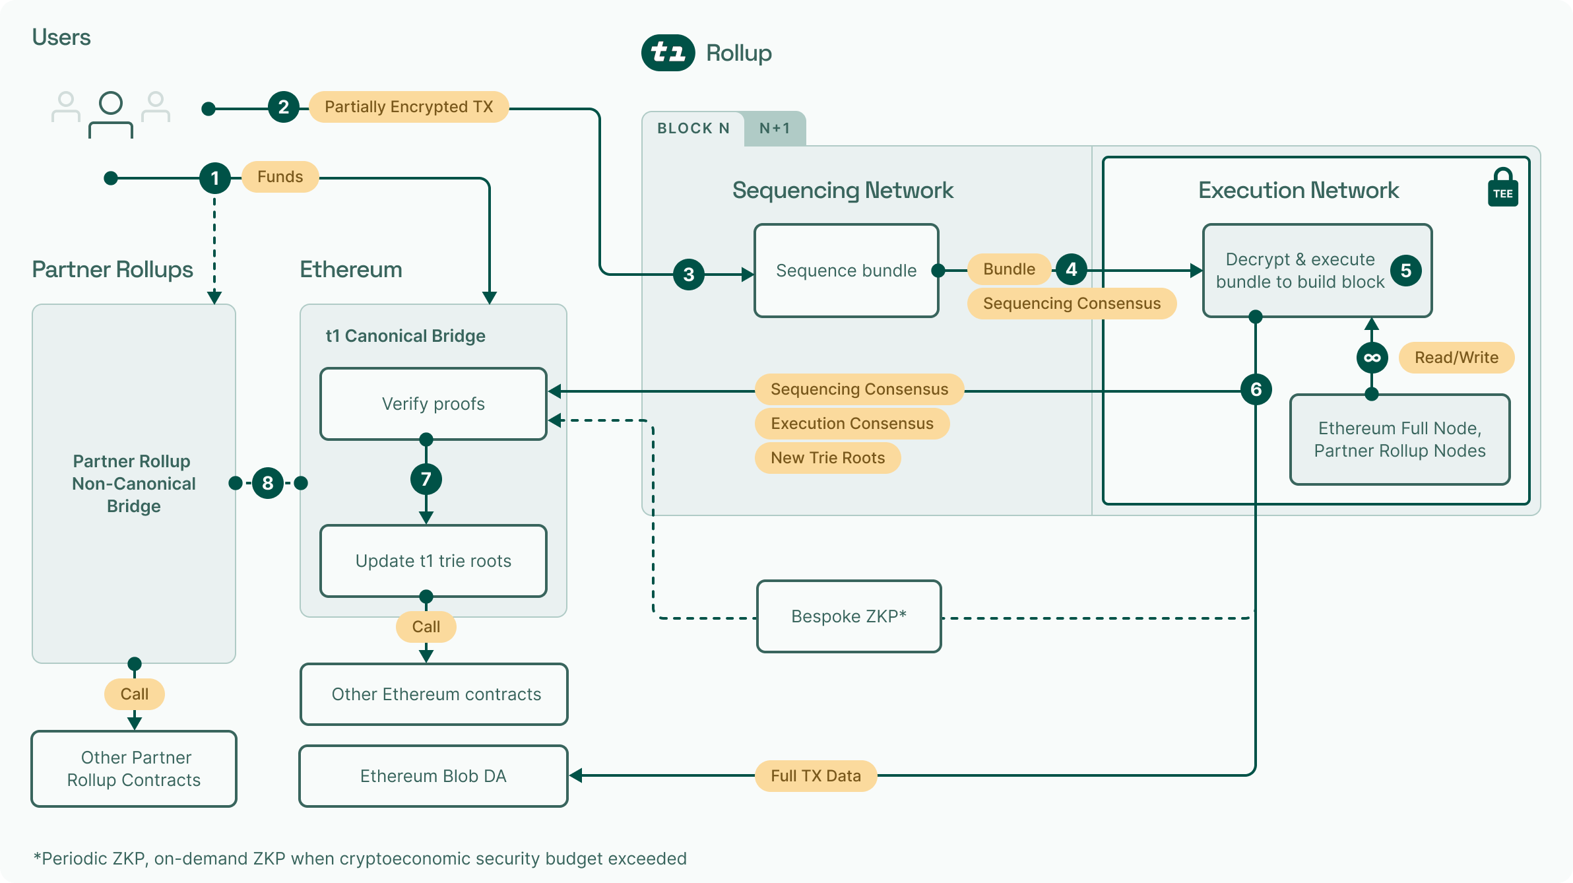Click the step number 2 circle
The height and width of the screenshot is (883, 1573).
pyautogui.click(x=284, y=107)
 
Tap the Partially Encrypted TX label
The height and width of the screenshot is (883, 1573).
pyautogui.click(x=408, y=107)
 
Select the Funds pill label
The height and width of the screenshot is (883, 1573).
pyautogui.click(x=280, y=177)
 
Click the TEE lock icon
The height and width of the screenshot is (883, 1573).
pyautogui.click(x=1502, y=188)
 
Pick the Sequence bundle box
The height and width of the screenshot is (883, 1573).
pyautogui.click(x=846, y=271)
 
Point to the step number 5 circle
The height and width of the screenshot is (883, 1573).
pyautogui.click(x=1405, y=271)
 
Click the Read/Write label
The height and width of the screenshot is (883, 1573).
pyautogui.click(x=1456, y=358)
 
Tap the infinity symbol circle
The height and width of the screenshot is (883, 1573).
pyautogui.click(x=1372, y=358)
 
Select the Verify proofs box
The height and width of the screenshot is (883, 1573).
pyautogui.click(x=433, y=404)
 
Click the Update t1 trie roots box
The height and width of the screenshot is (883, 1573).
pyautogui.click(x=433, y=561)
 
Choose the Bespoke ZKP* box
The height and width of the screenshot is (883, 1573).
pyautogui.click(x=849, y=616)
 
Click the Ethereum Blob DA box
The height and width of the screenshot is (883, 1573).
pyautogui.click(x=433, y=776)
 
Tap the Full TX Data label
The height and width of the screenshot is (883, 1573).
pyautogui.click(x=816, y=776)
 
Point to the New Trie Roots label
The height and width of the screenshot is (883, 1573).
pyautogui.click(x=827, y=458)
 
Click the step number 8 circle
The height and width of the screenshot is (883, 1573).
pyautogui.click(x=268, y=483)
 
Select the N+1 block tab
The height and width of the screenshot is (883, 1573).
pyautogui.click(x=775, y=129)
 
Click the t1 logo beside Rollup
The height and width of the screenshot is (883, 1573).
pyautogui.click(x=668, y=53)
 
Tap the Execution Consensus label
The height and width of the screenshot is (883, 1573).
pyautogui.click(x=852, y=424)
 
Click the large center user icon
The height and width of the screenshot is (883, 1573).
pyautogui.click(x=111, y=114)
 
